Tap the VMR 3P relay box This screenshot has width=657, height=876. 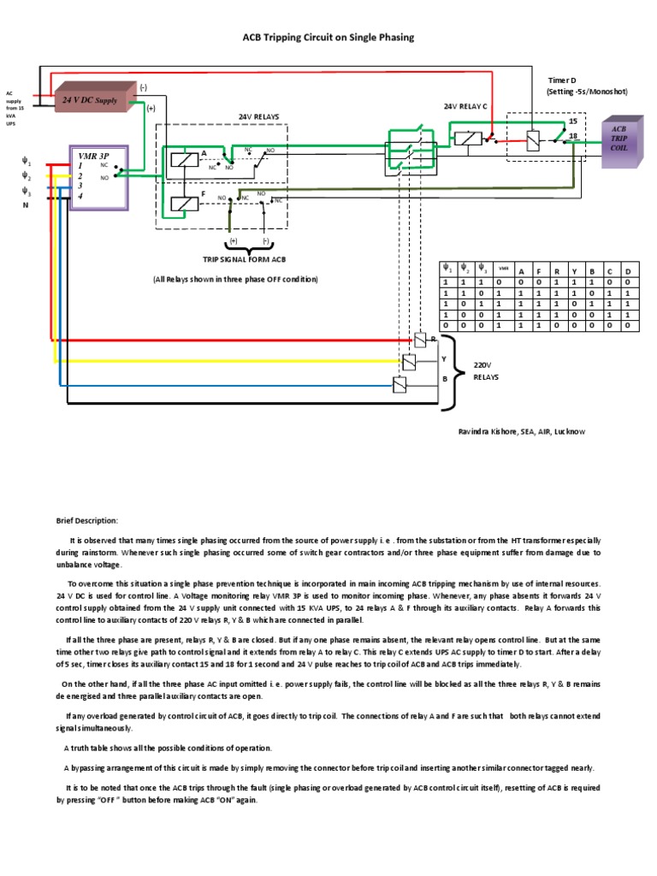coord(98,177)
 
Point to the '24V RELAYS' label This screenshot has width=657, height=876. coord(258,116)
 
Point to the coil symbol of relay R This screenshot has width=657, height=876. coord(420,340)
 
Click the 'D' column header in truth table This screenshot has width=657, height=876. coord(628,271)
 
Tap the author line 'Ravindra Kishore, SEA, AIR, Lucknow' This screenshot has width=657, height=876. coord(522,432)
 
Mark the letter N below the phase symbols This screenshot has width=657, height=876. coord(25,205)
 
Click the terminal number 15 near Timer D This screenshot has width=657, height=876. coord(572,121)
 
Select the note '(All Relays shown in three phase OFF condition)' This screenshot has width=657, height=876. coord(235,279)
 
